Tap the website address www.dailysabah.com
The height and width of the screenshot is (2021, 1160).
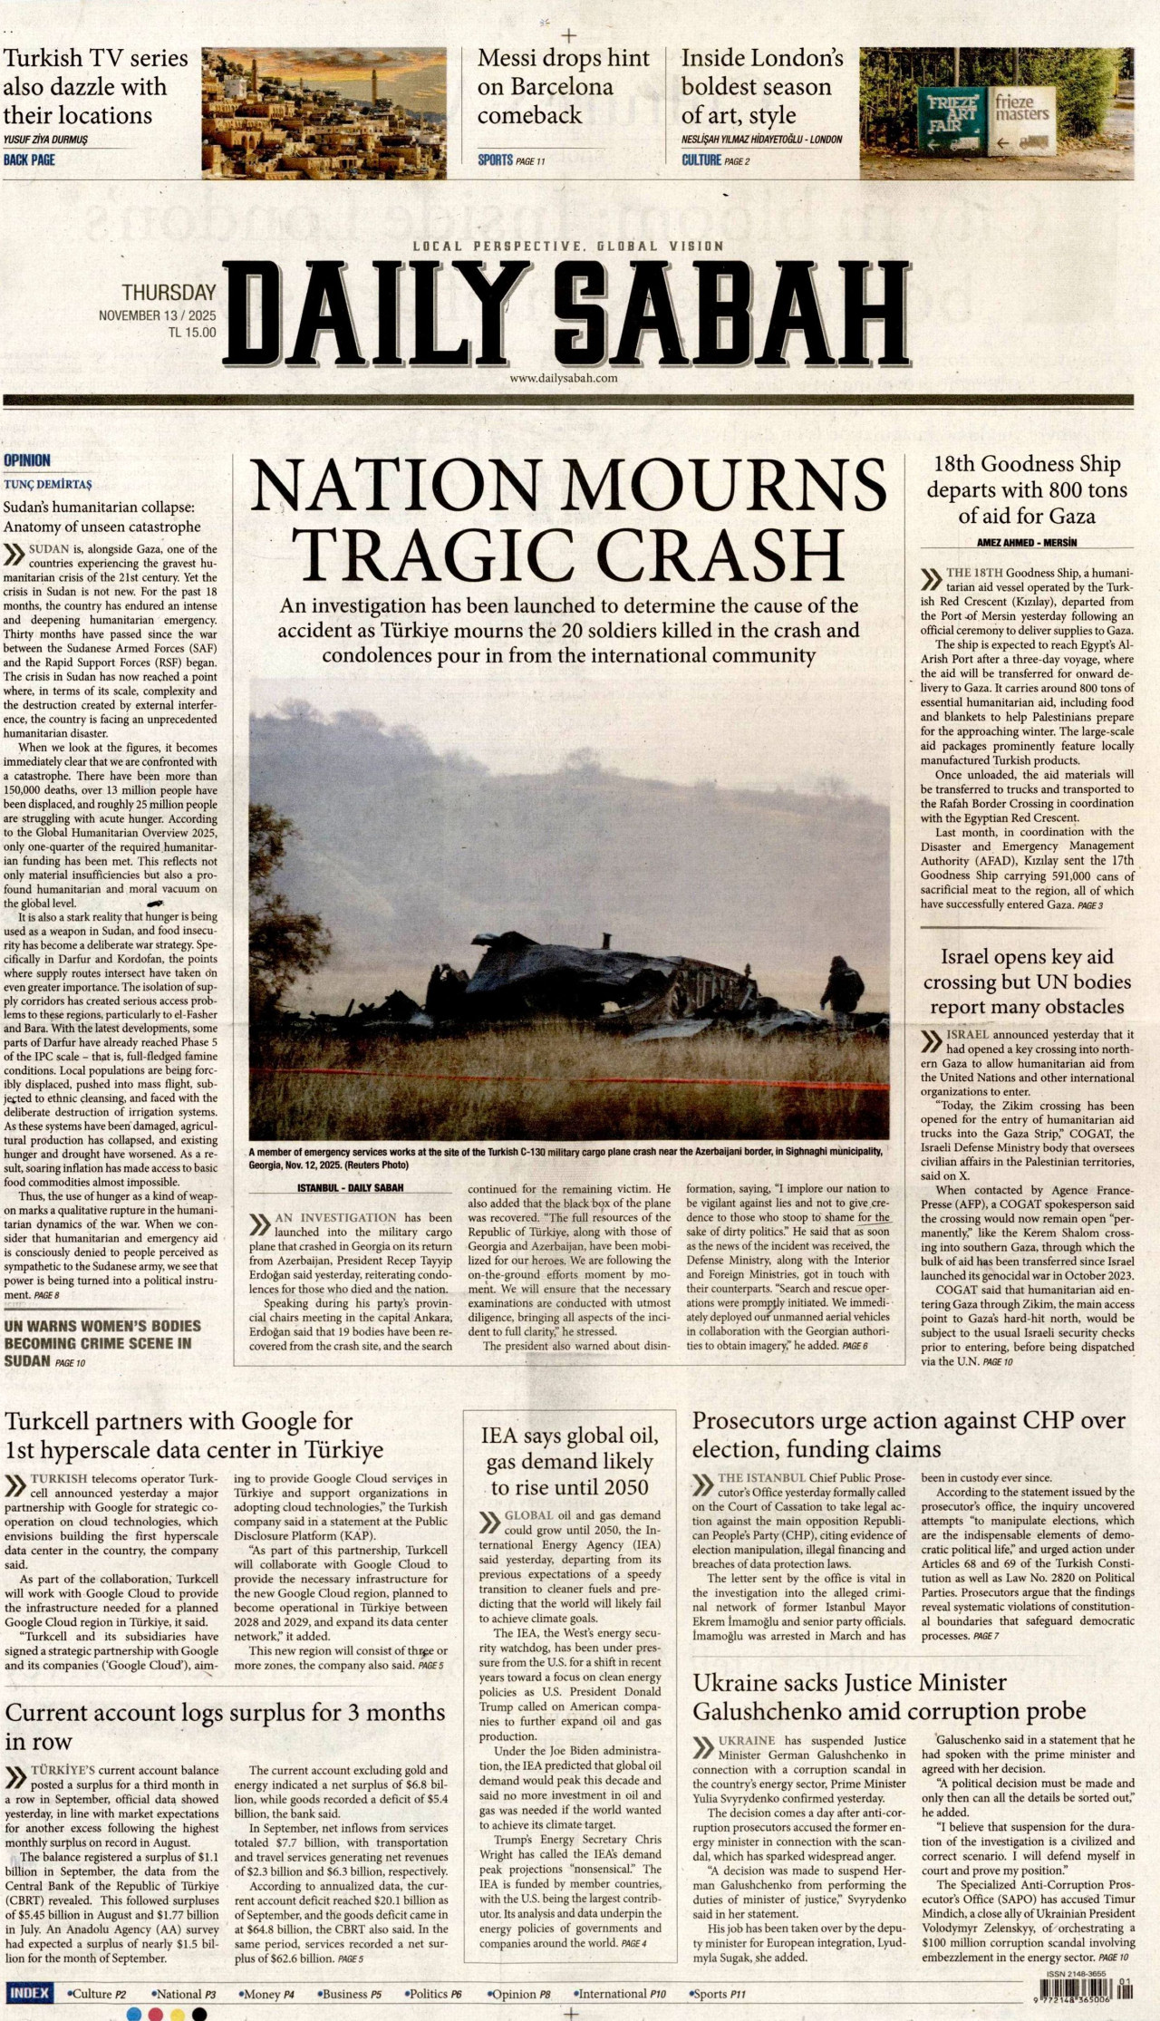[x=564, y=378]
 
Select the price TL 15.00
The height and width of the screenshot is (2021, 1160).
[x=192, y=332]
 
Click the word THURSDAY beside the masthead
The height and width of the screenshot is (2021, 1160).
[x=169, y=293]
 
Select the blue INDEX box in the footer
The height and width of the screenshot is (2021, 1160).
[x=30, y=1993]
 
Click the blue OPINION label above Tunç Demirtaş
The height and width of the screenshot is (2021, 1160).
[x=27, y=460]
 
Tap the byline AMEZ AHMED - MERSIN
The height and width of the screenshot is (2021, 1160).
[x=1027, y=543]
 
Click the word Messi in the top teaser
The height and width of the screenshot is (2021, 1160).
[x=512, y=59]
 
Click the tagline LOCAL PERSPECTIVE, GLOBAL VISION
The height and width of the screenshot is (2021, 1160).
[x=568, y=246]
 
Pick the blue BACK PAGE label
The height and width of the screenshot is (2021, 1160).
[x=30, y=160]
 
